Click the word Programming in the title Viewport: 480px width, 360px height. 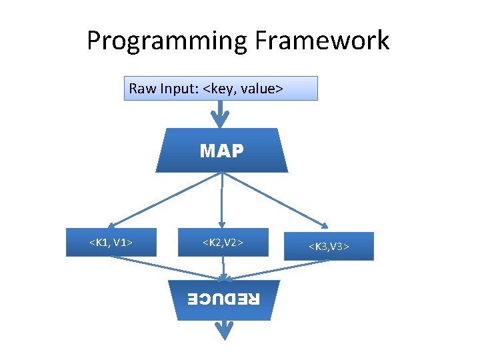pos(167,41)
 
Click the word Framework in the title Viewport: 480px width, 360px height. pos(321,41)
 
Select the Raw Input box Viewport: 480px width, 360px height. pos(221,88)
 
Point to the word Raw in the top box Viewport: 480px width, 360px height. pos(141,89)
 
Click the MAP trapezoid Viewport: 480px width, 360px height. pos(221,151)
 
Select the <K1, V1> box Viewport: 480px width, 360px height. pos(111,242)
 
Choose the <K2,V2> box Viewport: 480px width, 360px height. pos(223,242)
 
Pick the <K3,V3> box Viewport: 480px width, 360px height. pos(329,247)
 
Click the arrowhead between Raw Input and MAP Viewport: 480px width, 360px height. pos(221,120)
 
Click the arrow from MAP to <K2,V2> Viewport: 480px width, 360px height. pos(222,200)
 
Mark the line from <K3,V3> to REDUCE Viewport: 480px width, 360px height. pos(277,269)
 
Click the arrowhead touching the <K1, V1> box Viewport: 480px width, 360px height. pos(113,225)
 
